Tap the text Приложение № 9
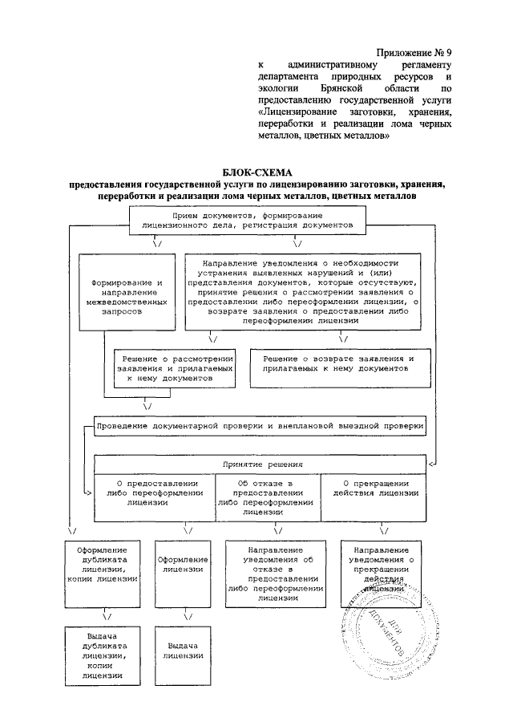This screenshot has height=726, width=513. click(413, 50)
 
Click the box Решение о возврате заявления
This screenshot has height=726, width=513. click(333, 363)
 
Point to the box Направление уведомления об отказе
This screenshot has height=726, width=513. click(274, 573)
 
